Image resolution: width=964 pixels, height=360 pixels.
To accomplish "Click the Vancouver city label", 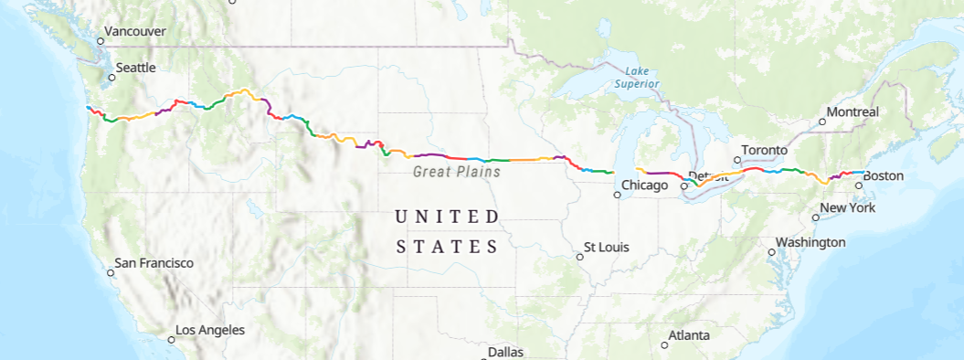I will pos(134,32).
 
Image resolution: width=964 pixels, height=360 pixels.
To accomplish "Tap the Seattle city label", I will pos(135,68).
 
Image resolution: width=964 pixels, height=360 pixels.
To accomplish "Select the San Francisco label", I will pos(154,263).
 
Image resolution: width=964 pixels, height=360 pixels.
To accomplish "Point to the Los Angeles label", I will pos(210,330).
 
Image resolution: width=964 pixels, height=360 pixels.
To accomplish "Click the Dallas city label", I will pos(505,352).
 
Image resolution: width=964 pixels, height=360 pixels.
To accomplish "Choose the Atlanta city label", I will pos(689,335).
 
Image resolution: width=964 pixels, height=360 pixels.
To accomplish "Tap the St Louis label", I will pos(607,248).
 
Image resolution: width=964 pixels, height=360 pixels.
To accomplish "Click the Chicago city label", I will pos(645,185).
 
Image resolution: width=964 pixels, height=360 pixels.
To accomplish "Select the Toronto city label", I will pos(764,150).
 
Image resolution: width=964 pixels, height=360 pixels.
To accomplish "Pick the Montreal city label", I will pos(852,112).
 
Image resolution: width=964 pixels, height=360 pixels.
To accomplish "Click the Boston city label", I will pos(883,175).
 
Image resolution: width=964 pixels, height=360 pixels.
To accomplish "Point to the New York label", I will pos(848,208).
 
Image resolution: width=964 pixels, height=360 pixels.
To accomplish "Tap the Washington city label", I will pos(810,242).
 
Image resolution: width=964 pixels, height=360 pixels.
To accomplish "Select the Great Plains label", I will pos(457,171).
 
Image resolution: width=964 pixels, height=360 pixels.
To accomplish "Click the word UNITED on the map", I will pos(447,217).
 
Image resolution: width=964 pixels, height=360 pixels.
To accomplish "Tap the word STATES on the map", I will pos(447,247).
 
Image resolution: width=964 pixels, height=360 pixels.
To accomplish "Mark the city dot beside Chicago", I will pos(617,195).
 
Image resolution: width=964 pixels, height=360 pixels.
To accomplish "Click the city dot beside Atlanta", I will pos(664,344).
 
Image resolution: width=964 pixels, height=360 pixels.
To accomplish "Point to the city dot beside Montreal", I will pos(822,122).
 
